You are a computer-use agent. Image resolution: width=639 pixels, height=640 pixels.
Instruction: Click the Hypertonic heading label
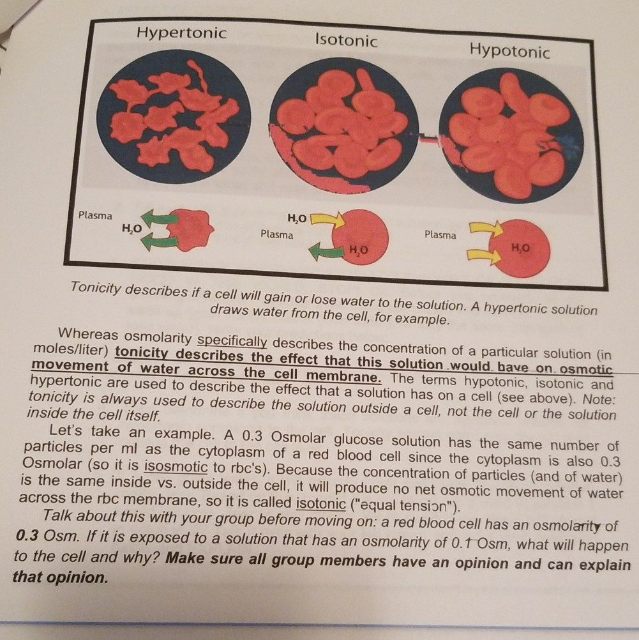181,33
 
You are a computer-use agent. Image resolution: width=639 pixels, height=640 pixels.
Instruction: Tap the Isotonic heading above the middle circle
346,40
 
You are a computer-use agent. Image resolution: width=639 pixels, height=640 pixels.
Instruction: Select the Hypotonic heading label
509,50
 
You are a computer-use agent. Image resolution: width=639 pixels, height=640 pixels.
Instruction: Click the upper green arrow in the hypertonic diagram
160,220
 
